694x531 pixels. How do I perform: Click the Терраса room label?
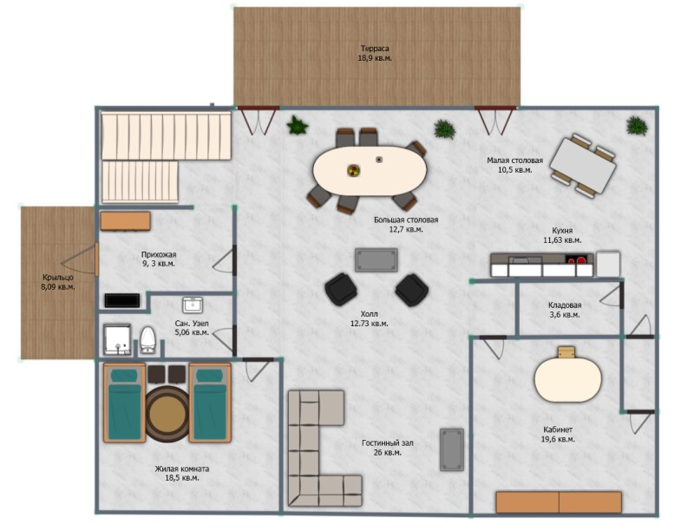(375, 53)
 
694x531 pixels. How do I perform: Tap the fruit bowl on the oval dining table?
(353, 170)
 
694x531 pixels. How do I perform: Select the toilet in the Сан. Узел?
(147, 339)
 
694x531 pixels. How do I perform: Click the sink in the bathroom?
(193, 305)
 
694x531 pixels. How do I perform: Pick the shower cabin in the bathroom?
(118, 339)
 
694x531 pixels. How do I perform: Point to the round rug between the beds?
(167, 414)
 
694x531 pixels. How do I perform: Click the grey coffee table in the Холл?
(376, 259)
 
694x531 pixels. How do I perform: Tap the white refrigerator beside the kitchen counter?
(608, 264)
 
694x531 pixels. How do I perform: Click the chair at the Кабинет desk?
(566, 352)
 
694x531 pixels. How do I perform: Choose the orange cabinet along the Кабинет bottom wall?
(559, 502)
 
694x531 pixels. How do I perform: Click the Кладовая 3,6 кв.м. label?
(565, 310)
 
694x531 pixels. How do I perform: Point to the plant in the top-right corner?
(637, 125)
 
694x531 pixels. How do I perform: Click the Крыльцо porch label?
(58, 282)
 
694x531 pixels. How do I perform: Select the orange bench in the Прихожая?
(125, 221)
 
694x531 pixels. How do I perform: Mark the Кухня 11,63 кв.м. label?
(562, 235)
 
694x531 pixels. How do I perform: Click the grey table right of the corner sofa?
(452, 449)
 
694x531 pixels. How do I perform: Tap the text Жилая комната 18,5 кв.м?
(182, 473)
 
